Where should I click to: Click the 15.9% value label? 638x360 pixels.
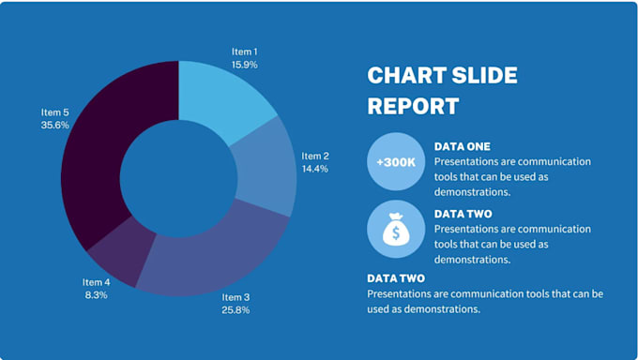click(x=245, y=65)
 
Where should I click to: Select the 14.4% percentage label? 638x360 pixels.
click(x=314, y=169)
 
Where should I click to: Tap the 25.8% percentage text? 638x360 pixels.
click(x=235, y=309)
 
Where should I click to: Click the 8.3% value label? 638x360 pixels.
click(x=96, y=294)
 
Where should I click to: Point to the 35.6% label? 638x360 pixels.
click(x=54, y=124)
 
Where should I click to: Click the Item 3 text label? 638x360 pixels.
click(x=235, y=297)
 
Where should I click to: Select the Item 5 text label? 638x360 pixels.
click(x=54, y=112)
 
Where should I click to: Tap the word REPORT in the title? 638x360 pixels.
click(x=413, y=105)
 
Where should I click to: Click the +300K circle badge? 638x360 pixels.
click(x=396, y=161)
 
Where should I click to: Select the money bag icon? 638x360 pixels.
click(x=396, y=228)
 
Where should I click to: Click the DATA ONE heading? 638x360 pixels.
click(x=463, y=146)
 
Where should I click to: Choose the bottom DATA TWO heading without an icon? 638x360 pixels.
click(x=395, y=278)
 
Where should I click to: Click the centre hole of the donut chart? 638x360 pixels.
click(x=178, y=178)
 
